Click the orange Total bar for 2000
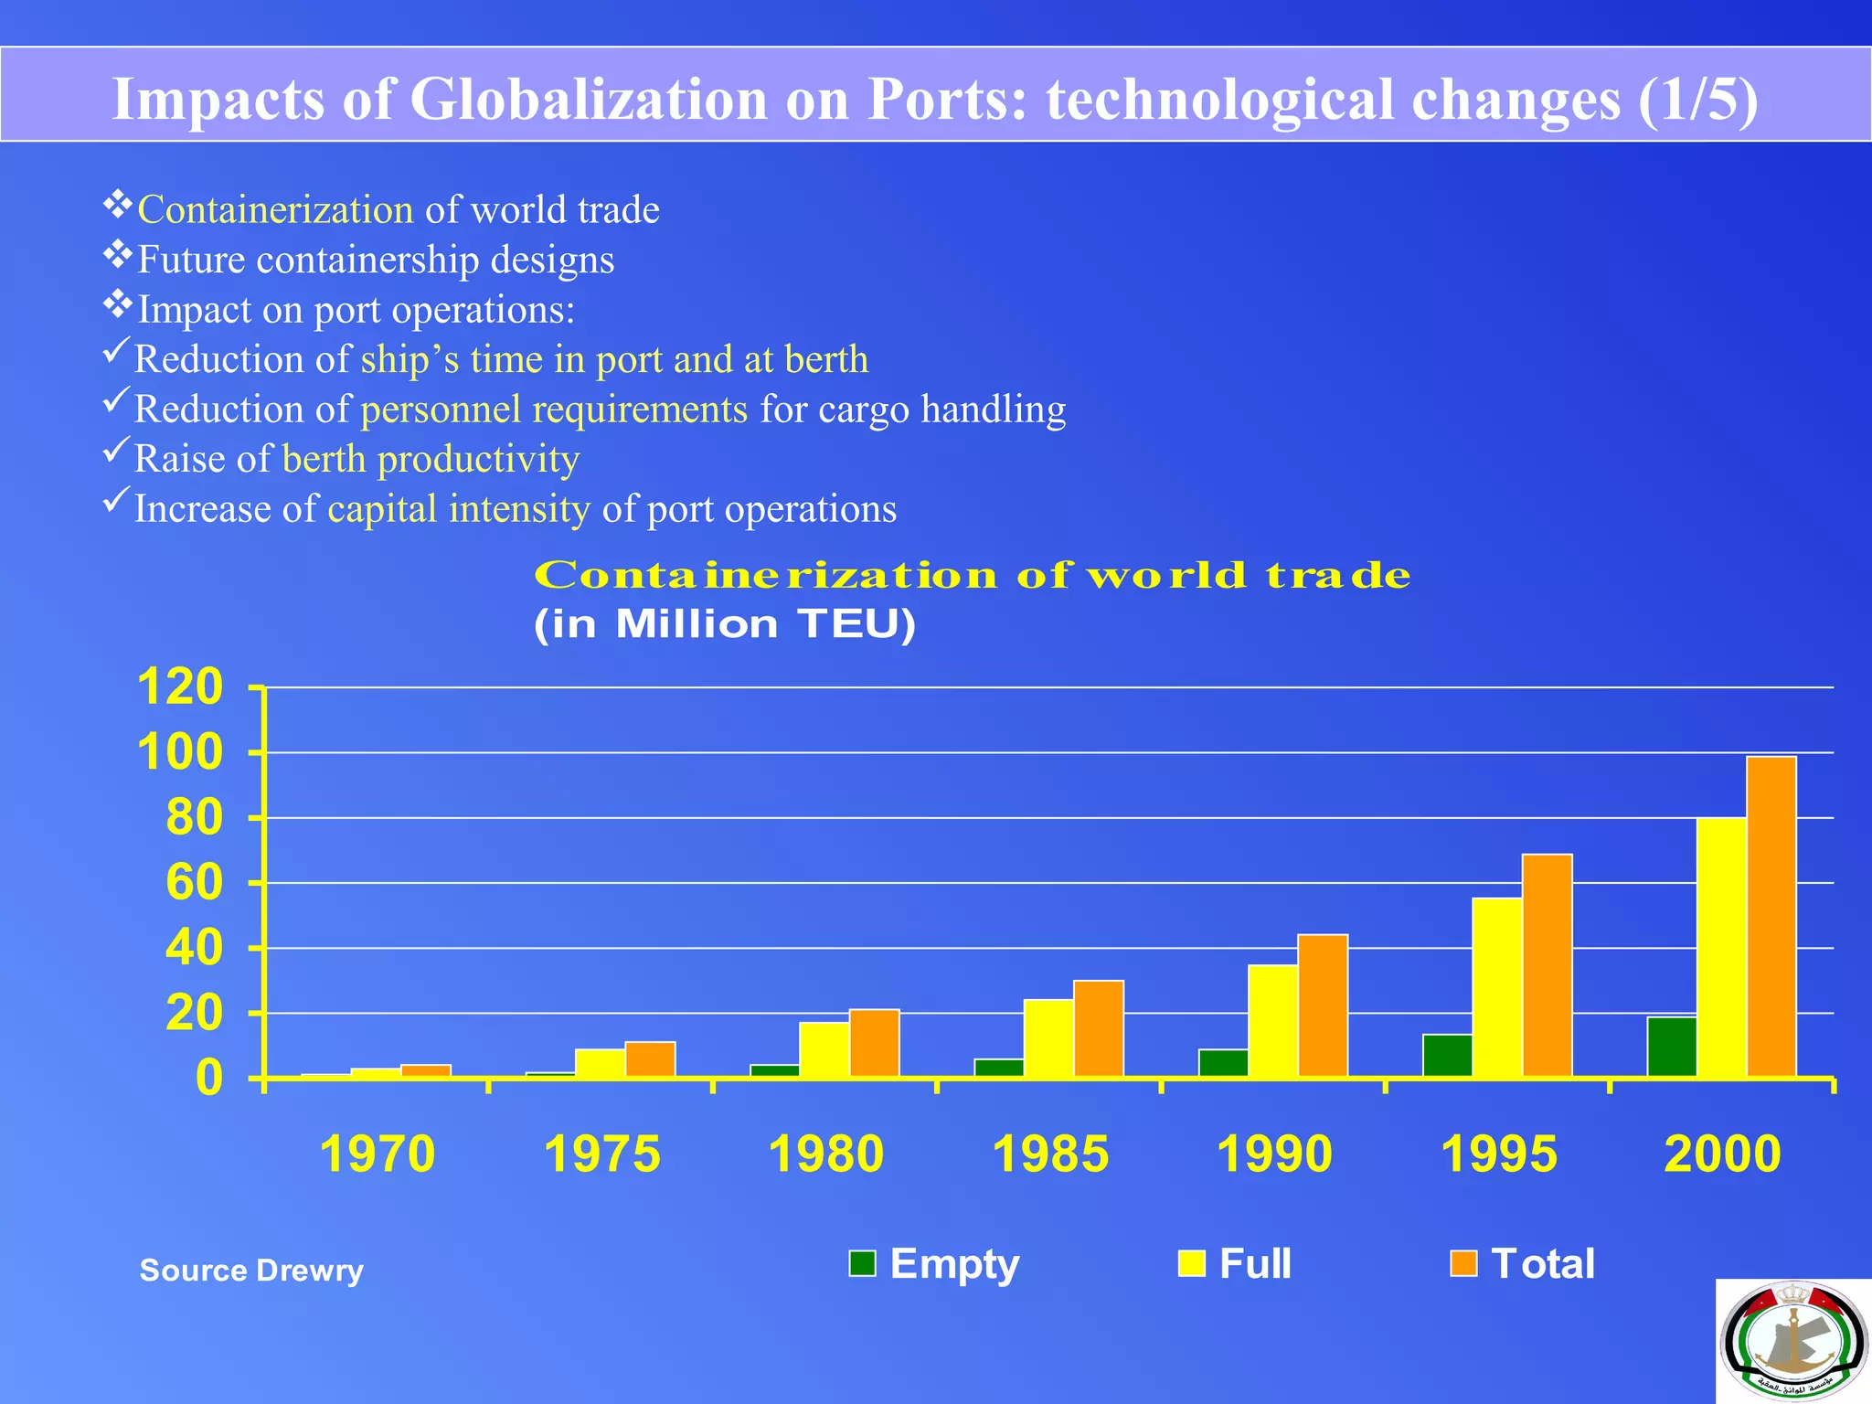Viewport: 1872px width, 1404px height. (1771, 916)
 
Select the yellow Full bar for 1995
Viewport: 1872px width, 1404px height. (1496, 987)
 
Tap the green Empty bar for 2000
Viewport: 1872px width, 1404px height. (1672, 1047)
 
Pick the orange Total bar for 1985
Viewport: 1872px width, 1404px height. (1098, 1028)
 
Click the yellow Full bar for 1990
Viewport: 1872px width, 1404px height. (1272, 1021)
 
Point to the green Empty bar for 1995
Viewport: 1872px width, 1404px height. (1447, 1056)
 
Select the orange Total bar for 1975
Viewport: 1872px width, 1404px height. (650, 1059)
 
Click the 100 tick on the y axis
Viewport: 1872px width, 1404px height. (180, 752)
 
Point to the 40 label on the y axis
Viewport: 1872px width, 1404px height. (194, 948)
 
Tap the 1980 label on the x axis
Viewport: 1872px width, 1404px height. (826, 1154)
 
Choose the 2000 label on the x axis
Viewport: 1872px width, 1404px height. (1722, 1154)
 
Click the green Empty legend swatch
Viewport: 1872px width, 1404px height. (862, 1263)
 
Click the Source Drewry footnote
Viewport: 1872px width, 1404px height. (251, 1270)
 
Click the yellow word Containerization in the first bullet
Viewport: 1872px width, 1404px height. (275, 209)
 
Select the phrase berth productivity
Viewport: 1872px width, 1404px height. (431, 459)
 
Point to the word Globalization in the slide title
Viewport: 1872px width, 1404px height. (588, 99)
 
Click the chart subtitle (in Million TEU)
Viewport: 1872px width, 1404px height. (724, 624)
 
